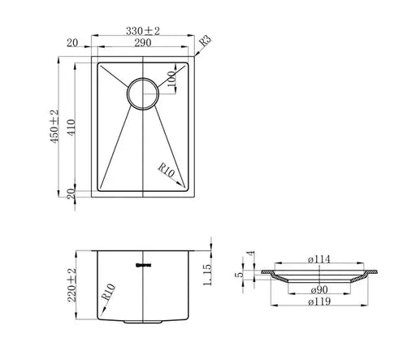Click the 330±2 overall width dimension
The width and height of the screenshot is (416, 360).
tap(143, 31)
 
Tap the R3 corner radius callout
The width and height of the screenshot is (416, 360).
tap(206, 39)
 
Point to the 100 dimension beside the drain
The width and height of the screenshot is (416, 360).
tap(171, 80)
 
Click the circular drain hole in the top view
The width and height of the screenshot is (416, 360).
tap(143, 93)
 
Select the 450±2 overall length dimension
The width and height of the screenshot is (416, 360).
tap(54, 127)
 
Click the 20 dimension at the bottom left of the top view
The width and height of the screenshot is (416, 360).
tap(71, 191)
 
